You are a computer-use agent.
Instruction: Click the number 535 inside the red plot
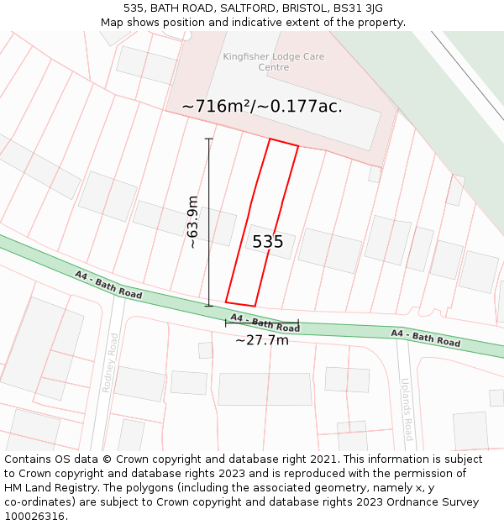(268, 242)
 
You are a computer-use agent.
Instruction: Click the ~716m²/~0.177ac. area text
(262, 107)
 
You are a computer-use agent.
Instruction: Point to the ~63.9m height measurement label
(193, 222)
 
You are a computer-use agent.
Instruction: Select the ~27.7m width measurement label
(261, 340)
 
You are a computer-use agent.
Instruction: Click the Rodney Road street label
(110, 362)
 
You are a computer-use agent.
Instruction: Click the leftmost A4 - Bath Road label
(108, 286)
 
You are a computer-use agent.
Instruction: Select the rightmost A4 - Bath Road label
(426, 339)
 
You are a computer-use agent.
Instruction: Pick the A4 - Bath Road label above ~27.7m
(265, 323)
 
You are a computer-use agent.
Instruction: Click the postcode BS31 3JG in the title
(359, 8)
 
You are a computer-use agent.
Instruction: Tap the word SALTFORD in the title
(250, 8)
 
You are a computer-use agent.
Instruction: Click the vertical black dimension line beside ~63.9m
(209, 222)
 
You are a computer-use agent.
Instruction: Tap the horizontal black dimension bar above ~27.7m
(261, 322)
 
